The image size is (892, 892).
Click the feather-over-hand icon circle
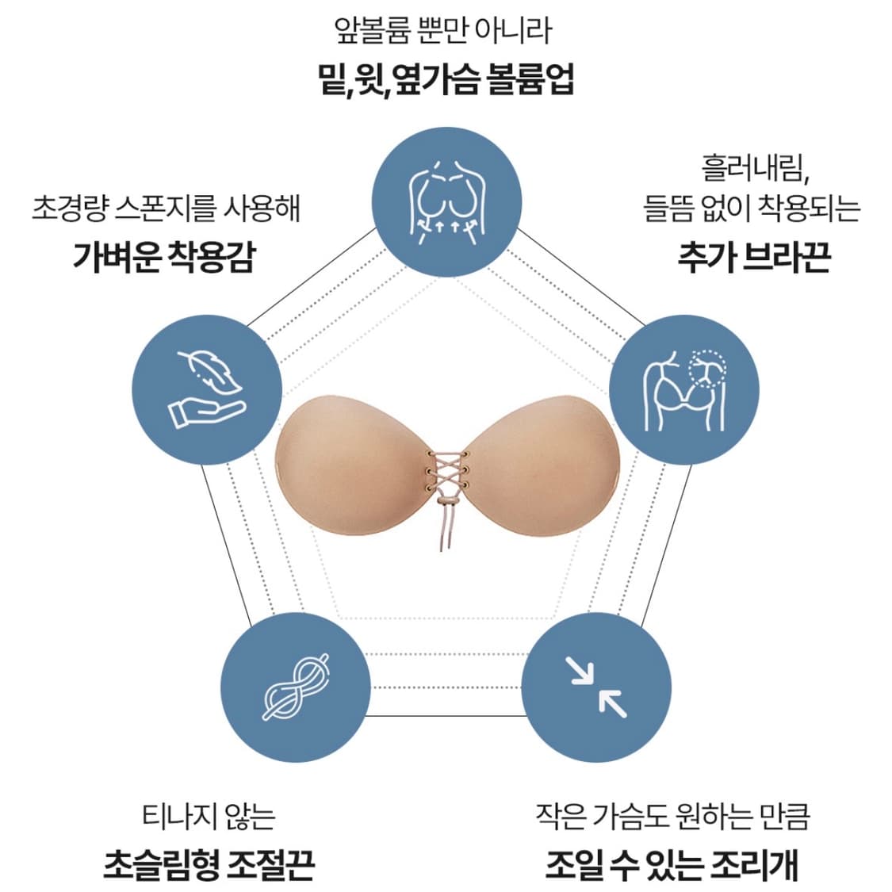point(206,389)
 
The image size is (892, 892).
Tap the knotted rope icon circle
point(295,687)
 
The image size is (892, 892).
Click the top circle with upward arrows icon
point(447,201)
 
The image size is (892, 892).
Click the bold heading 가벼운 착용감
point(165,257)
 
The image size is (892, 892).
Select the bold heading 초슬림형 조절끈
point(209,863)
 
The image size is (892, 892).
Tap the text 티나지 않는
point(209,816)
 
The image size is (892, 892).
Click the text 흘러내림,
point(754,167)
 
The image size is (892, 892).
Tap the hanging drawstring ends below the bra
point(447,531)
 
